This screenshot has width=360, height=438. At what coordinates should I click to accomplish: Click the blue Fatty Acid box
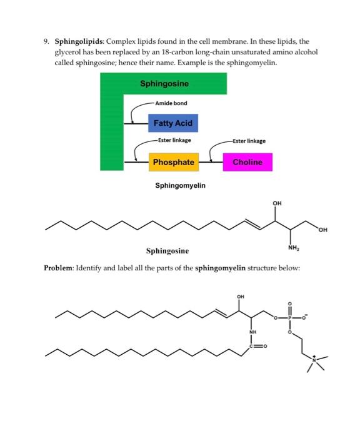point(173,123)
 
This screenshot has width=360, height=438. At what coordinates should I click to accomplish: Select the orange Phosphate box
point(174,162)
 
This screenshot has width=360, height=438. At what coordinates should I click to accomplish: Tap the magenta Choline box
point(247,162)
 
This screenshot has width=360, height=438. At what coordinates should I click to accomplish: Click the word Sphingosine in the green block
point(164,83)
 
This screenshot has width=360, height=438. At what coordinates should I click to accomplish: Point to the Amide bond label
point(171,103)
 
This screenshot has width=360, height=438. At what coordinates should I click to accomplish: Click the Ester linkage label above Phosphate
point(174,140)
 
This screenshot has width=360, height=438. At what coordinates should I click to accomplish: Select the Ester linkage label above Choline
point(249,141)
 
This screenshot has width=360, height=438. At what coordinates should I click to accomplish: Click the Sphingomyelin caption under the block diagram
point(180,185)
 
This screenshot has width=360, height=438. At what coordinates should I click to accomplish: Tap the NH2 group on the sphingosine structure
point(293,248)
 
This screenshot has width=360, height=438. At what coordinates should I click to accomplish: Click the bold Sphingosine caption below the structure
point(167,251)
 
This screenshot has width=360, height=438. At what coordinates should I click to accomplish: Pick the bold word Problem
point(57,268)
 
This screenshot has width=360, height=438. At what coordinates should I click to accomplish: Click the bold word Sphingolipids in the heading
point(79,42)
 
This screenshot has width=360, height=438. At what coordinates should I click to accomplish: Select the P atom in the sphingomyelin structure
point(289,318)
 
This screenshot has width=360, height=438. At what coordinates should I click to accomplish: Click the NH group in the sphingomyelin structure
point(252,332)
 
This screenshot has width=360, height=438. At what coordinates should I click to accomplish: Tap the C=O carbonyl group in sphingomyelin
point(258,347)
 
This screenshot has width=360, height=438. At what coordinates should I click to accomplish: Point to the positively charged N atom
point(314,360)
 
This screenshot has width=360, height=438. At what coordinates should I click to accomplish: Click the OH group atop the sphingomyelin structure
point(240,297)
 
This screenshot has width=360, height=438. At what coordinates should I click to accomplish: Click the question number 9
point(46,42)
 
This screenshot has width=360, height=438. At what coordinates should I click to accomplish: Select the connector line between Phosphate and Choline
point(211,162)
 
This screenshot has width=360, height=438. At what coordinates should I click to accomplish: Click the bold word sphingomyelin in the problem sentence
point(220,268)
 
